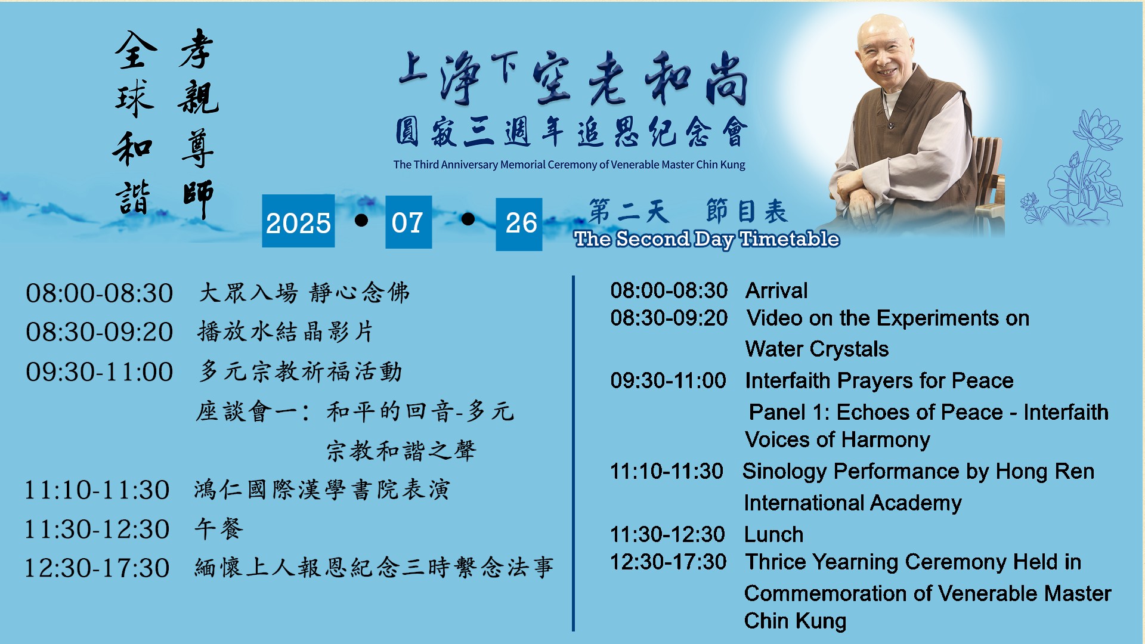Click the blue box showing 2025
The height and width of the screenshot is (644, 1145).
pyautogui.click(x=298, y=221)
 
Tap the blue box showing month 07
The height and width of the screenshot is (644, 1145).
pyautogui.click(x=409, y=222)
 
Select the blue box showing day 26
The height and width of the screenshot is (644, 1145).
pyautogui.click(x=519, y=224)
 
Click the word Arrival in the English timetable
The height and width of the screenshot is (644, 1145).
pyautogui.click(x=776, y=290)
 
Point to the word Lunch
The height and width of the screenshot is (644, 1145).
pyautogui.click(x=773, y=534)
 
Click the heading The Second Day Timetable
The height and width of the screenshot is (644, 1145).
pyautogui.click(x=707, y=239)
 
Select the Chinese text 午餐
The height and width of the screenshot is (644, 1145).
pyautogui.click(x=219, y=528)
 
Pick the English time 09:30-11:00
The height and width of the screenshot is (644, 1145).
pyautogui.click(x=668, y=380)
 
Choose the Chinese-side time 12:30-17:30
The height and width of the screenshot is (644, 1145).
pyautogui.click(x=97, y=568)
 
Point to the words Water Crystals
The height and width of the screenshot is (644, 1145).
pyautogui.click(x=817, y=349)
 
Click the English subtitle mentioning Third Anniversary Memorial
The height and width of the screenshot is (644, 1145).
pyautogui.click(x=569, y=165)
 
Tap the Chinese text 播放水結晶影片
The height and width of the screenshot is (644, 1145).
pyautogui.click(x=285, y=332)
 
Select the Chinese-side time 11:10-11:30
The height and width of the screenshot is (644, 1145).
pyautogui.click(x=97, y=490)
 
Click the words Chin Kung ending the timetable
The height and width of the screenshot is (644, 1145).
pyautogui.click(x=795, y=621)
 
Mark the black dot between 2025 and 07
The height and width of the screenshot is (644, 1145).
pyautogui.click(x=361, y=221)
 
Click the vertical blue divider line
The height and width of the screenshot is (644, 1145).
pyautogui.click(x=573, y=453)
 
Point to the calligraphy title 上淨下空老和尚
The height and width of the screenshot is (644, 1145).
pyautogui.click(x=572, y=78)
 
